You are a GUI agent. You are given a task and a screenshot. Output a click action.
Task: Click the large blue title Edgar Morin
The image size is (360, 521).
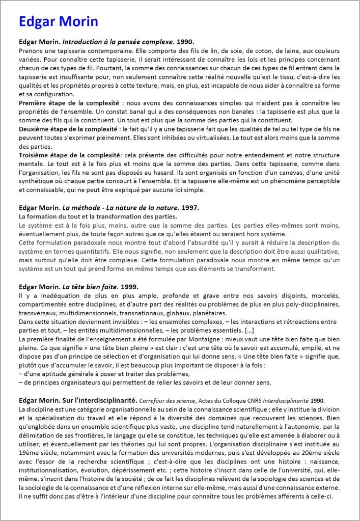click(58, 21)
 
